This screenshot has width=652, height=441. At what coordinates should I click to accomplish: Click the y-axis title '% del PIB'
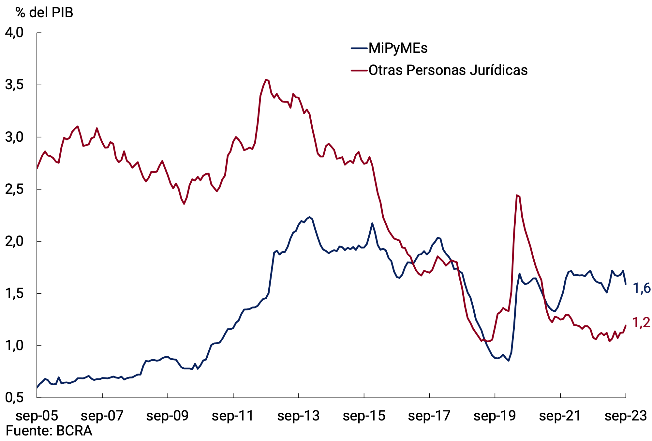(44, 13)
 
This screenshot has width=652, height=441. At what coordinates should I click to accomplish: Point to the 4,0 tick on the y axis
(14, 33)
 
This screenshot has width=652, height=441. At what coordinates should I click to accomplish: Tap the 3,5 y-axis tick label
(14, 85)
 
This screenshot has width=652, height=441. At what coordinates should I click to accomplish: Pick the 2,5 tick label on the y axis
(14, 189)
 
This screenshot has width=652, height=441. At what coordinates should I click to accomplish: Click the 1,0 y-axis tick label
(14, 346)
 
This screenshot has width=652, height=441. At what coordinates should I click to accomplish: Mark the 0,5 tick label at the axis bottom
(14, 398)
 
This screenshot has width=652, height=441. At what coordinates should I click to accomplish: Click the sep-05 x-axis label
(37, 416)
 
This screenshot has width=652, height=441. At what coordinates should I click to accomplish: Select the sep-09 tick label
(168, 416)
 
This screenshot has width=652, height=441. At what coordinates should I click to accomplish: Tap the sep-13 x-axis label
(298, 416)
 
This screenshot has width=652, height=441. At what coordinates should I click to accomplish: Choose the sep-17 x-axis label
(429, 416)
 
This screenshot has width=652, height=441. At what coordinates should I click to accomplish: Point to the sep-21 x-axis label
(560, 416)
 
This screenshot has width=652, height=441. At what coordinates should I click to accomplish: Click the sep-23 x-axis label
(626, 416)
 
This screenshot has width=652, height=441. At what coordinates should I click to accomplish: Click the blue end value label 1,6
(641, 289)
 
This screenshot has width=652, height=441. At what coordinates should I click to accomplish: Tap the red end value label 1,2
(641, 323)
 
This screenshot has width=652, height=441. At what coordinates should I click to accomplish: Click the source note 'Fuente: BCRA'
(49, 431)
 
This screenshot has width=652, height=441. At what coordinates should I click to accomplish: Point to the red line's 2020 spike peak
(517, 195)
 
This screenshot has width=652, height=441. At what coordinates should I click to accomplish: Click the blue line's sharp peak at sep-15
(372, 223)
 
